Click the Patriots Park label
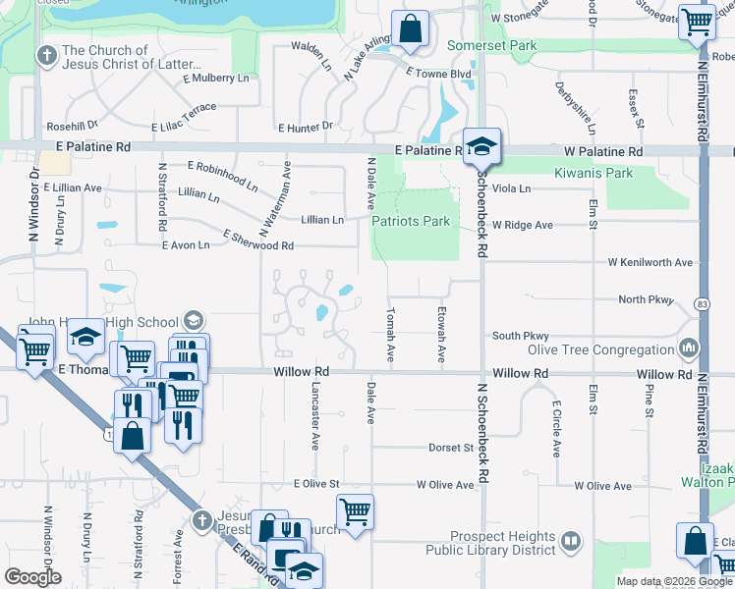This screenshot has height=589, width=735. coord(411,221)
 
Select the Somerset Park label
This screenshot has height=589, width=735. coord(492,45)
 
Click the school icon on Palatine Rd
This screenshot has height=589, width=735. coord(481,148)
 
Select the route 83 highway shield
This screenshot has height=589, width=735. coord(702,302)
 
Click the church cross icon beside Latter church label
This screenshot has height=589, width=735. coord(45,56)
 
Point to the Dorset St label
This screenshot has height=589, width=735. coord(451,448)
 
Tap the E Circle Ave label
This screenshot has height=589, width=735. coord(555,429)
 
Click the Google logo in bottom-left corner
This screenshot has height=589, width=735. coord(32,577)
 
